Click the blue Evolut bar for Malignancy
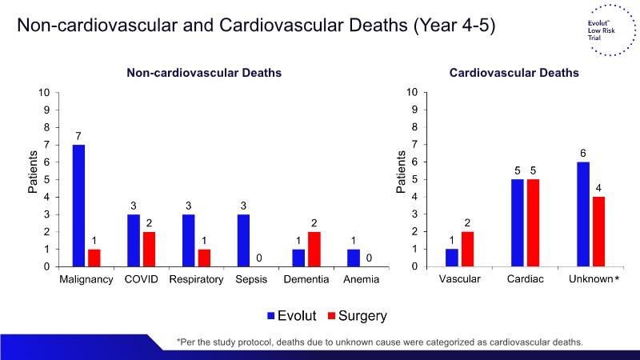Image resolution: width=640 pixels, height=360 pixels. click(x=78, y=206)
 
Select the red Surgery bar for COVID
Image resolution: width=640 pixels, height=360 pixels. click(x=149, y=249)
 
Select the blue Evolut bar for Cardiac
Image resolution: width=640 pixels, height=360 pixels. click(x=517, y=222)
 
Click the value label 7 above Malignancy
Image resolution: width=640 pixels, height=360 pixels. click(x=78, y=136)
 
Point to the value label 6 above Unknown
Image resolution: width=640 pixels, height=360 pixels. click(x=583, y=153)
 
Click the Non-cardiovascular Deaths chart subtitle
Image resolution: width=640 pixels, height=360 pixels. click(x=204, y=73)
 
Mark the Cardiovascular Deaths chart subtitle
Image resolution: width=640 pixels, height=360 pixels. click(x=514, y=73)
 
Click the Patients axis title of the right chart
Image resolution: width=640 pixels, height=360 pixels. click(x=401, y=172)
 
